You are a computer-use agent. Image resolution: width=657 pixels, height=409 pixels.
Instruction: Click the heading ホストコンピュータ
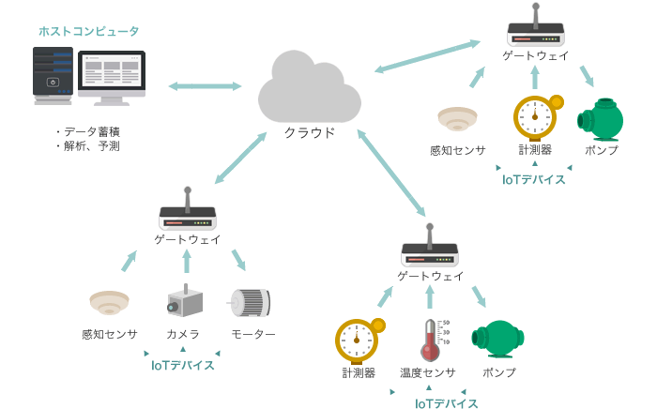pos(89,31)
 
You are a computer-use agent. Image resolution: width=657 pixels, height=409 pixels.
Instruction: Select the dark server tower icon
pos(53,74)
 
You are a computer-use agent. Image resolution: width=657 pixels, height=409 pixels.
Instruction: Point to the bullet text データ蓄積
pos(92,131)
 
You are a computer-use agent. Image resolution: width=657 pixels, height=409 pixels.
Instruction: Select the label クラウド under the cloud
pos(310,132)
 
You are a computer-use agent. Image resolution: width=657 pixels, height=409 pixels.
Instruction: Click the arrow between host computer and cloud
pos(205,86)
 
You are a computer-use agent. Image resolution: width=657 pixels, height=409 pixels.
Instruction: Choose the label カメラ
pos(183,334)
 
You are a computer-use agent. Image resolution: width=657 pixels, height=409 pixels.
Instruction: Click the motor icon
pos(251,302)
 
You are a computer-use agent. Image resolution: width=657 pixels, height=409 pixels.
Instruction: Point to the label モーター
pos(253,334)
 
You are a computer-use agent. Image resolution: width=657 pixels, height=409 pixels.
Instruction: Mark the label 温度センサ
pos(428,372)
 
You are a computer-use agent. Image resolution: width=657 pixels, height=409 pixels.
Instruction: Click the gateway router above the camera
pos(188,215)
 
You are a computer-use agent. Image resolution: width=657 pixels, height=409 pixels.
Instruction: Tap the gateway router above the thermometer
pos(429,250)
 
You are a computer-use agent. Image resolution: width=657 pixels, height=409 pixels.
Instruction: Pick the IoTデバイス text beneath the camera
pos(183,365)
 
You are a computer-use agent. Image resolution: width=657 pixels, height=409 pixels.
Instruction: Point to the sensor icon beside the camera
pos(109,302)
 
